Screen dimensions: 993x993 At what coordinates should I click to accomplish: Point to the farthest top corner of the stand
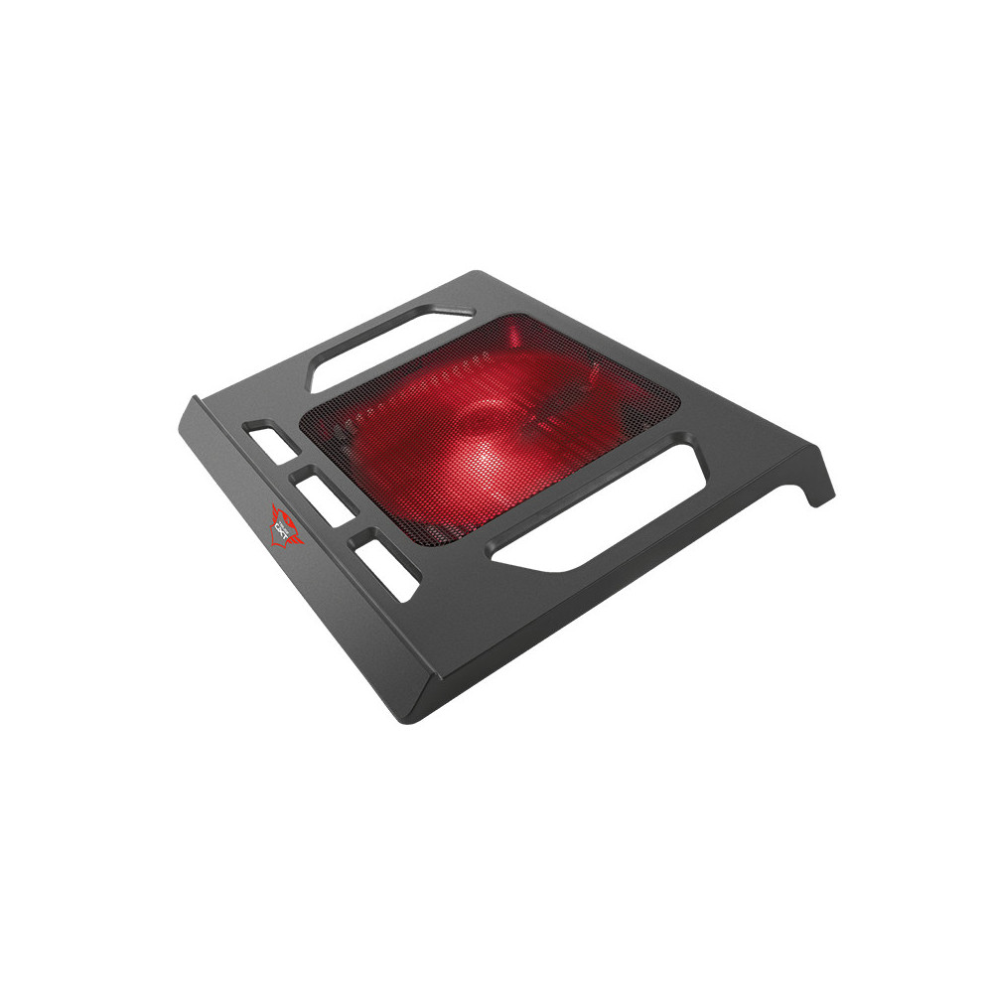click(x=478, y=270)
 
